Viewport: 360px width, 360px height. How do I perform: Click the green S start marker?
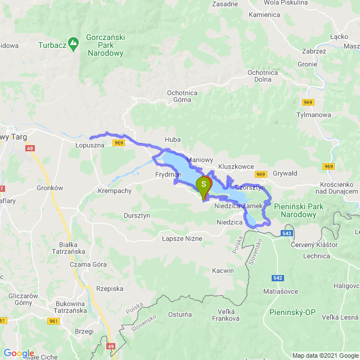pyautogui.click(x=204, y=185)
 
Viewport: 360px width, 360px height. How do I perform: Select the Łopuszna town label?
pyautogui.click(x=90, y=145)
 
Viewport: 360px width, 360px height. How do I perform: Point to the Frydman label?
pyautogui.click(x=168, y=175)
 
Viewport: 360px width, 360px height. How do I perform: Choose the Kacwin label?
pyautogui.click(x=223, y=271)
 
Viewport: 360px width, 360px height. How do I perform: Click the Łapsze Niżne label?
pyautogui.click(x=181, y=238)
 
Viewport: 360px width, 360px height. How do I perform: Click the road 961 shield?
pyautogui.click(x=54, y=321)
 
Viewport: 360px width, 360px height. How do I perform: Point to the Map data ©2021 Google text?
pyautogui.click(x=324, y=355)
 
